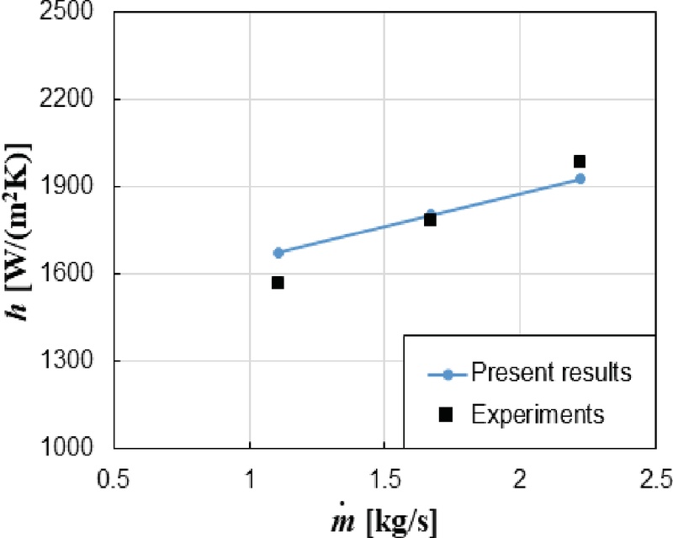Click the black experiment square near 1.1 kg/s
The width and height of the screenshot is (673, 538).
coord(278,283)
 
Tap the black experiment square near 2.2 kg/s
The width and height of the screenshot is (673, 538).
coord(579,161)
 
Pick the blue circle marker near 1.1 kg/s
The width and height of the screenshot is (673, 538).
coord(278,253)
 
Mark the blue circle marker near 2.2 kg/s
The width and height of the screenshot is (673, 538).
coord(580,178)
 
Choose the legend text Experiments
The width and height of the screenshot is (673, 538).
coord(538,413)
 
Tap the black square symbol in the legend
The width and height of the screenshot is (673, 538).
coord(448,413)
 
